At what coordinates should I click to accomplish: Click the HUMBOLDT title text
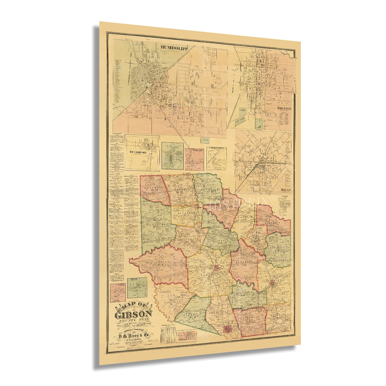click(x=174, y=48)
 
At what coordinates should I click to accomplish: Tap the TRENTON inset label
click(x=284, y=108)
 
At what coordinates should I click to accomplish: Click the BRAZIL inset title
click(x=134, y=279)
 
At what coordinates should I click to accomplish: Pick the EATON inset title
click(x=120, y=284)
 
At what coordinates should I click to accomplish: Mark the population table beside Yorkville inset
click(x=168, y=336)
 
